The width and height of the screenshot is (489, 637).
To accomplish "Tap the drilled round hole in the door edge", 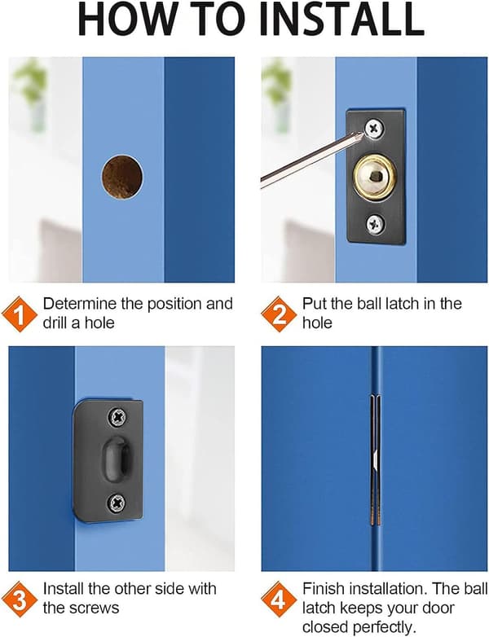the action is coord(122,177).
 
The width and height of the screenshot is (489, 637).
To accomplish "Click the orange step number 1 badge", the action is coord(20,314).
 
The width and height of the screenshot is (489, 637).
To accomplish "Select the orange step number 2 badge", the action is coord(279,314).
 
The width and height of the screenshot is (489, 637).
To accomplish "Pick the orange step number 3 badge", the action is coord(20,600).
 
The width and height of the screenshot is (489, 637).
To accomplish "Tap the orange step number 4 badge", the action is coord(279,600).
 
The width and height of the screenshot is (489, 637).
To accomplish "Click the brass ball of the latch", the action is coord(375,176).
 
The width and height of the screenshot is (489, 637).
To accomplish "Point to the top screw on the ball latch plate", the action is coord(374,129).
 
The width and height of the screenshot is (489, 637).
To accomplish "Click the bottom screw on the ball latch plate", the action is coord(374,224).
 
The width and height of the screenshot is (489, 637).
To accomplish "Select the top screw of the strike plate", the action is coord(117,417).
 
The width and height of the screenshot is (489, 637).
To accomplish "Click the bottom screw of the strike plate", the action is coord(117,503).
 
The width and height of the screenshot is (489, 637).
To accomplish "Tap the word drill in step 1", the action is coord(55,323).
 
